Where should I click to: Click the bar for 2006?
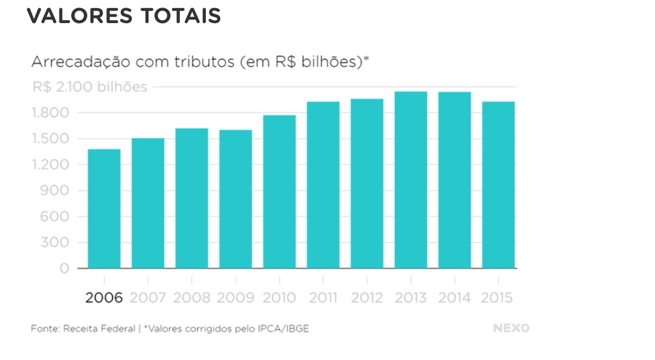(104, 209)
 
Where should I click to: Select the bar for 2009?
(235, 199)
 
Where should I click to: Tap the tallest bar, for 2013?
(410, 180)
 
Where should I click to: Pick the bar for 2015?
(498, 185)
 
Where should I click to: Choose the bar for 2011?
(323, 185)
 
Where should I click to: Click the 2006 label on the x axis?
(104, 298)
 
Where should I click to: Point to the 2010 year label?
(279, 298)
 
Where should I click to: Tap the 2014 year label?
(454, 298)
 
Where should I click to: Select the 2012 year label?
(367, 298)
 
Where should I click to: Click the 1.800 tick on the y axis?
(53, 113)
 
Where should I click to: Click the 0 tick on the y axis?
(64, 269)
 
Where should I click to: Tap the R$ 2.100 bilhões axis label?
(90, 87)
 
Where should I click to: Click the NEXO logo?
(511, 328)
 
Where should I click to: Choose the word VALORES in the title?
(79, 16)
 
